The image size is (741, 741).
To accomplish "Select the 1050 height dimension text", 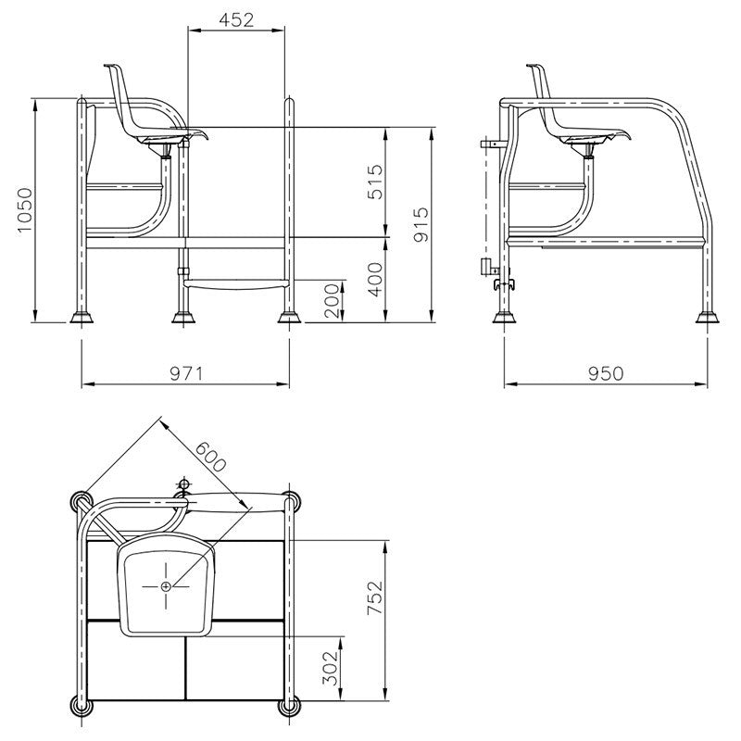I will click(25, 211).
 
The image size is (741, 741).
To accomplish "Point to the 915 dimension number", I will click(421, 224).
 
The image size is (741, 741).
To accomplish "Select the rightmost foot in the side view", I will click(709, 318).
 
